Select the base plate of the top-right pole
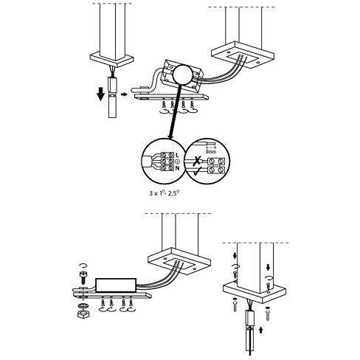[242, 56]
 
